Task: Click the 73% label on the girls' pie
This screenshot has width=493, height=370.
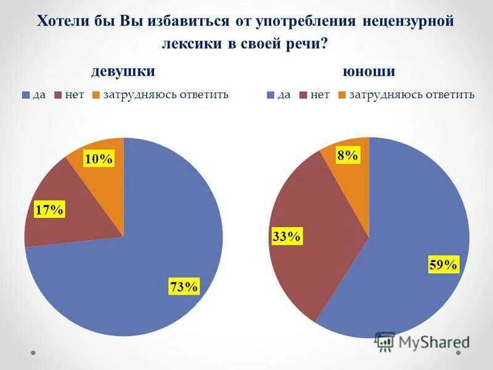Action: [184, 287]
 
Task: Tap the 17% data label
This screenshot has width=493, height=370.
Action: [50, 210]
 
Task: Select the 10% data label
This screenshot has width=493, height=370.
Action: [99, 159]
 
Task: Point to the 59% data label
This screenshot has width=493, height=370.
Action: [443, 265]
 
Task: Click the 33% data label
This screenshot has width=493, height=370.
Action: [285, 236]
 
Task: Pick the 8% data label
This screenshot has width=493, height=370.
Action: [348, 155]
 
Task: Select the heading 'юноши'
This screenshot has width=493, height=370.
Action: [369, 72]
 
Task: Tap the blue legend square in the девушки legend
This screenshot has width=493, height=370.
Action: [25, 95]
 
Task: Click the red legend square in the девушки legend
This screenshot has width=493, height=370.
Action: [59, 95]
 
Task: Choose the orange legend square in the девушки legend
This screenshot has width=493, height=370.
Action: [96, 95]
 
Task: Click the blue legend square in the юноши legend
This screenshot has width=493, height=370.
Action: [271, 95]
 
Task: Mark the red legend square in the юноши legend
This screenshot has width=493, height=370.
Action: [304, 95]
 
